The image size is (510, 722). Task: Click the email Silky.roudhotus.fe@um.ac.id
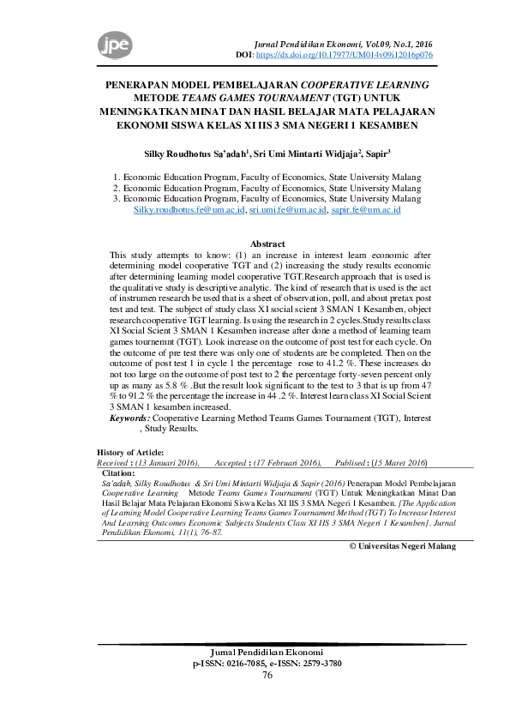[189, 209]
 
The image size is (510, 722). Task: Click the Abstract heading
[267, 244]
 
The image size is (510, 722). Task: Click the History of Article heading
[130, 452]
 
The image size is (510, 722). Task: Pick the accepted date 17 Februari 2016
[285, 462]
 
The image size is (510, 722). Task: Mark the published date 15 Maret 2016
[393, 462]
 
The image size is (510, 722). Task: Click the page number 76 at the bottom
[267, 675]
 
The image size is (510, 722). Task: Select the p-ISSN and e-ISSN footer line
[267, 664]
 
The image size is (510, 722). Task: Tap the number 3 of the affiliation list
[116, 198]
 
